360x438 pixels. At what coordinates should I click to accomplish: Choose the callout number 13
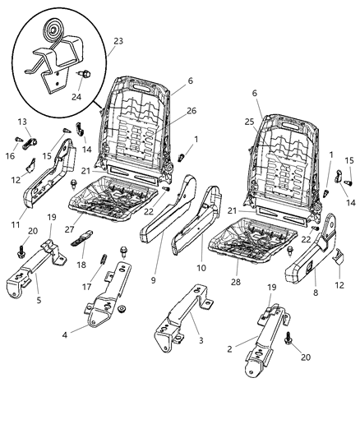[21, 121]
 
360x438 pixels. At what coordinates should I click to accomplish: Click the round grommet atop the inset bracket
[54, 34]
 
